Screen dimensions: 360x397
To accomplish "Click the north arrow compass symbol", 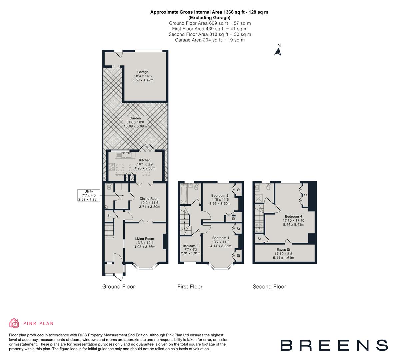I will pyautogui.click(x=278, y=51).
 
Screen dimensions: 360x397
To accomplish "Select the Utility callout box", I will pyautogui.click(x=89, y=195).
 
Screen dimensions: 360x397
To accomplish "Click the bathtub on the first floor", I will pyautogui.click(x=183, y=195).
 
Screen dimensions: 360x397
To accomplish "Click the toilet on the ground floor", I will pyautogui.click(x=109, y=188).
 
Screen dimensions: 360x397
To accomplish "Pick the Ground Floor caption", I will pyautogui.click(x=118, y=287).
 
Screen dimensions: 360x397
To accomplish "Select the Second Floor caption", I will pyautogui.click(x=269, y=287).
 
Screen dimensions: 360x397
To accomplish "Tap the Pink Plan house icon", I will pyautogui.click(x=14, y=323).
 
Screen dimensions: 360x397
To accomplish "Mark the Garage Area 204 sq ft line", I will pyautogui.click(x=210, y=40).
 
